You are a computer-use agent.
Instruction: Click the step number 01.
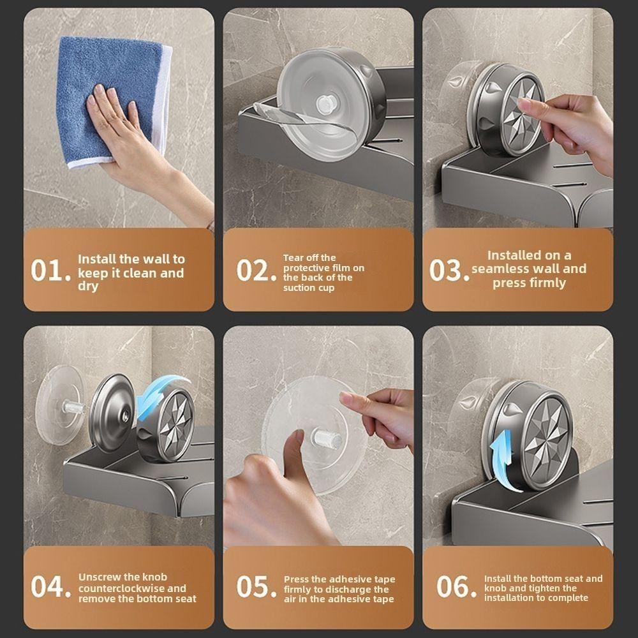tap(50, 271)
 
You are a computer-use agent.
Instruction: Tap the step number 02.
tap(256, 271)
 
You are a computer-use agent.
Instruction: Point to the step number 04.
tap(50, 587)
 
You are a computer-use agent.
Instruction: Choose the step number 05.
tap(256, 587)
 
